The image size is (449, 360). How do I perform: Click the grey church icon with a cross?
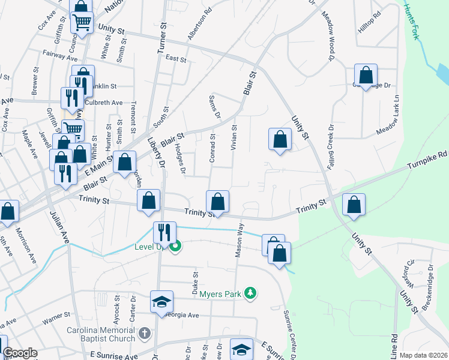[145, 332]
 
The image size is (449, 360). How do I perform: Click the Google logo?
[20, 353]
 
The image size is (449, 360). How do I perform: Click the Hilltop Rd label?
[369, 23]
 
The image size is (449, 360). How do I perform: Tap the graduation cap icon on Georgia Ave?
[162, 301]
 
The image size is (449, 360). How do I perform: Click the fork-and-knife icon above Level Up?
[163, 232]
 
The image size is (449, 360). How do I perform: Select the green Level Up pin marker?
[175, 245]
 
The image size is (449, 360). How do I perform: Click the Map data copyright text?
[423, 355]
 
